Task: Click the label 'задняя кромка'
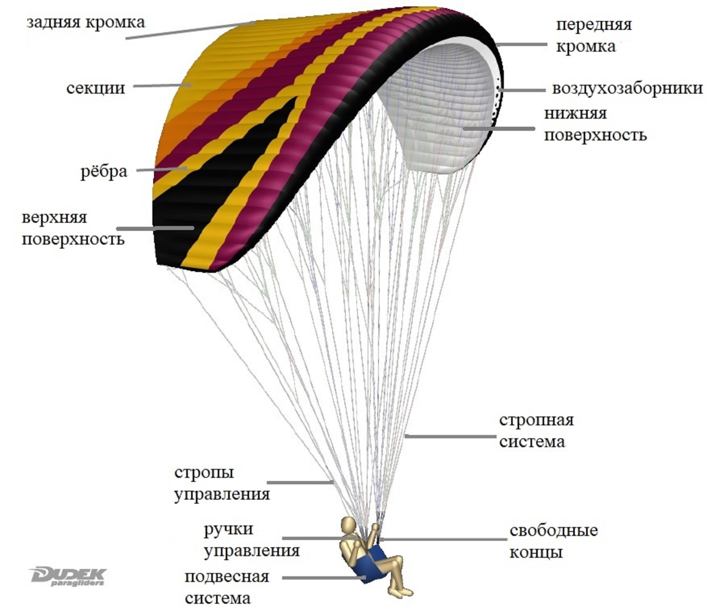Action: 86,23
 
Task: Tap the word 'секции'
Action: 96,88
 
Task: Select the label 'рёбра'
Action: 104,171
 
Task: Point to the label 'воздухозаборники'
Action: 627,88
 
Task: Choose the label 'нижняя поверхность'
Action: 595,124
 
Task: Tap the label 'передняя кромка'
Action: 594,35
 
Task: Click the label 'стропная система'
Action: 536,431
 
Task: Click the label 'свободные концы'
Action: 553,541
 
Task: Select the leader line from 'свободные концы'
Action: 443,540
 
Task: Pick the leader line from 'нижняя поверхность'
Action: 498,128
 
